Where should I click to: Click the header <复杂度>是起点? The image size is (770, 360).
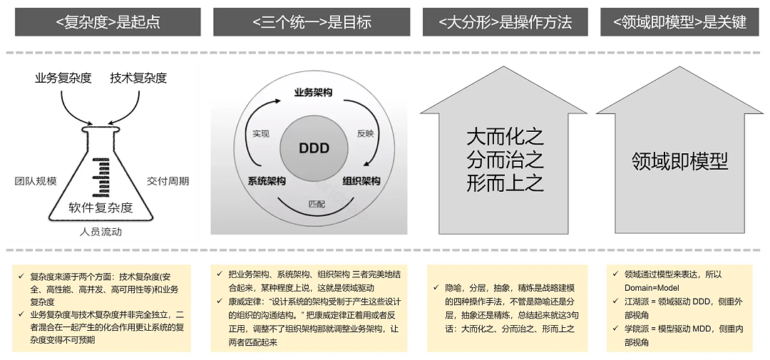click(x=107, y=22)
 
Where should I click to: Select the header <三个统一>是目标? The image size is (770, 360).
click(x=312, y=22)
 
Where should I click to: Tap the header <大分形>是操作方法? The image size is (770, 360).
click(x=505, y=22)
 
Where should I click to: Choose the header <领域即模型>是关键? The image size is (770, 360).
click(x=679, y=22)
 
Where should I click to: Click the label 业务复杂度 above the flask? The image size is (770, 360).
click(x=63, y=78)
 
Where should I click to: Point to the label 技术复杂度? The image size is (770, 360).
click(x=138, y=78)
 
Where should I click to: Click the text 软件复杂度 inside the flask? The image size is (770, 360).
click(x=101, y=207)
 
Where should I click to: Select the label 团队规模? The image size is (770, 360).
click(x=36, y=181)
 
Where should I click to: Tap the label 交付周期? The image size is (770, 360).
click(x=168, y=181)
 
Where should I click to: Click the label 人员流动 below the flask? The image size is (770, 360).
click(x=101, y=232)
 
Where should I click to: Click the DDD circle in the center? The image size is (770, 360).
click(x=314, y=149)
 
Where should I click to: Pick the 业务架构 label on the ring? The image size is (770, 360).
click(x=313, y=93)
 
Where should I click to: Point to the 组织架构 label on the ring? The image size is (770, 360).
click(x=361, y=181)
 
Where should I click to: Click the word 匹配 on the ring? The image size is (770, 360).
click(x=317, y=204)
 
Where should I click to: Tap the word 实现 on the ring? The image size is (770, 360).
click(x=261, y=133)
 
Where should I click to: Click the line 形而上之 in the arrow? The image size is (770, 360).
click(x=505, y=183)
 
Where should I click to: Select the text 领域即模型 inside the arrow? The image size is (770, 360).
click(x=679, y=160)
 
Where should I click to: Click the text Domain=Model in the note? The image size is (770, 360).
click(x=652, y=288)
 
